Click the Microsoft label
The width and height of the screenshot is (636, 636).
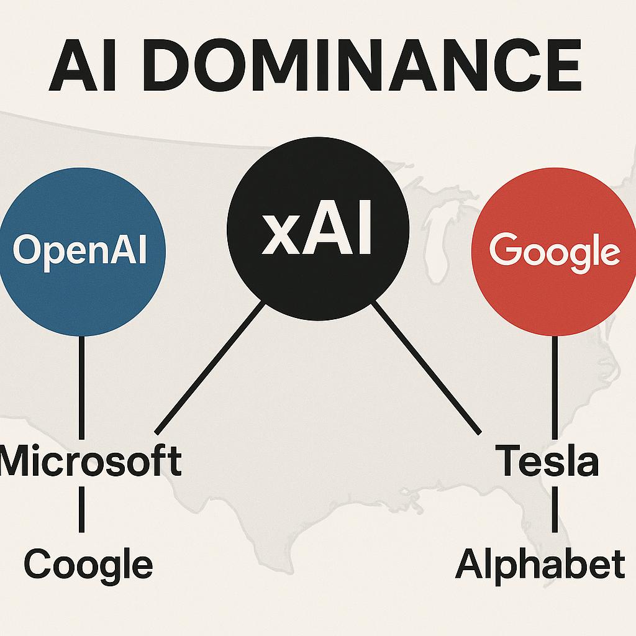91,461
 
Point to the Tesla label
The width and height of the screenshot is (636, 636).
548,461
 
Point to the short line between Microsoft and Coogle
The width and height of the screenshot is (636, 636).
81,509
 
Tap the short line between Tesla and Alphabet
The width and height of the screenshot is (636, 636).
555,509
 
